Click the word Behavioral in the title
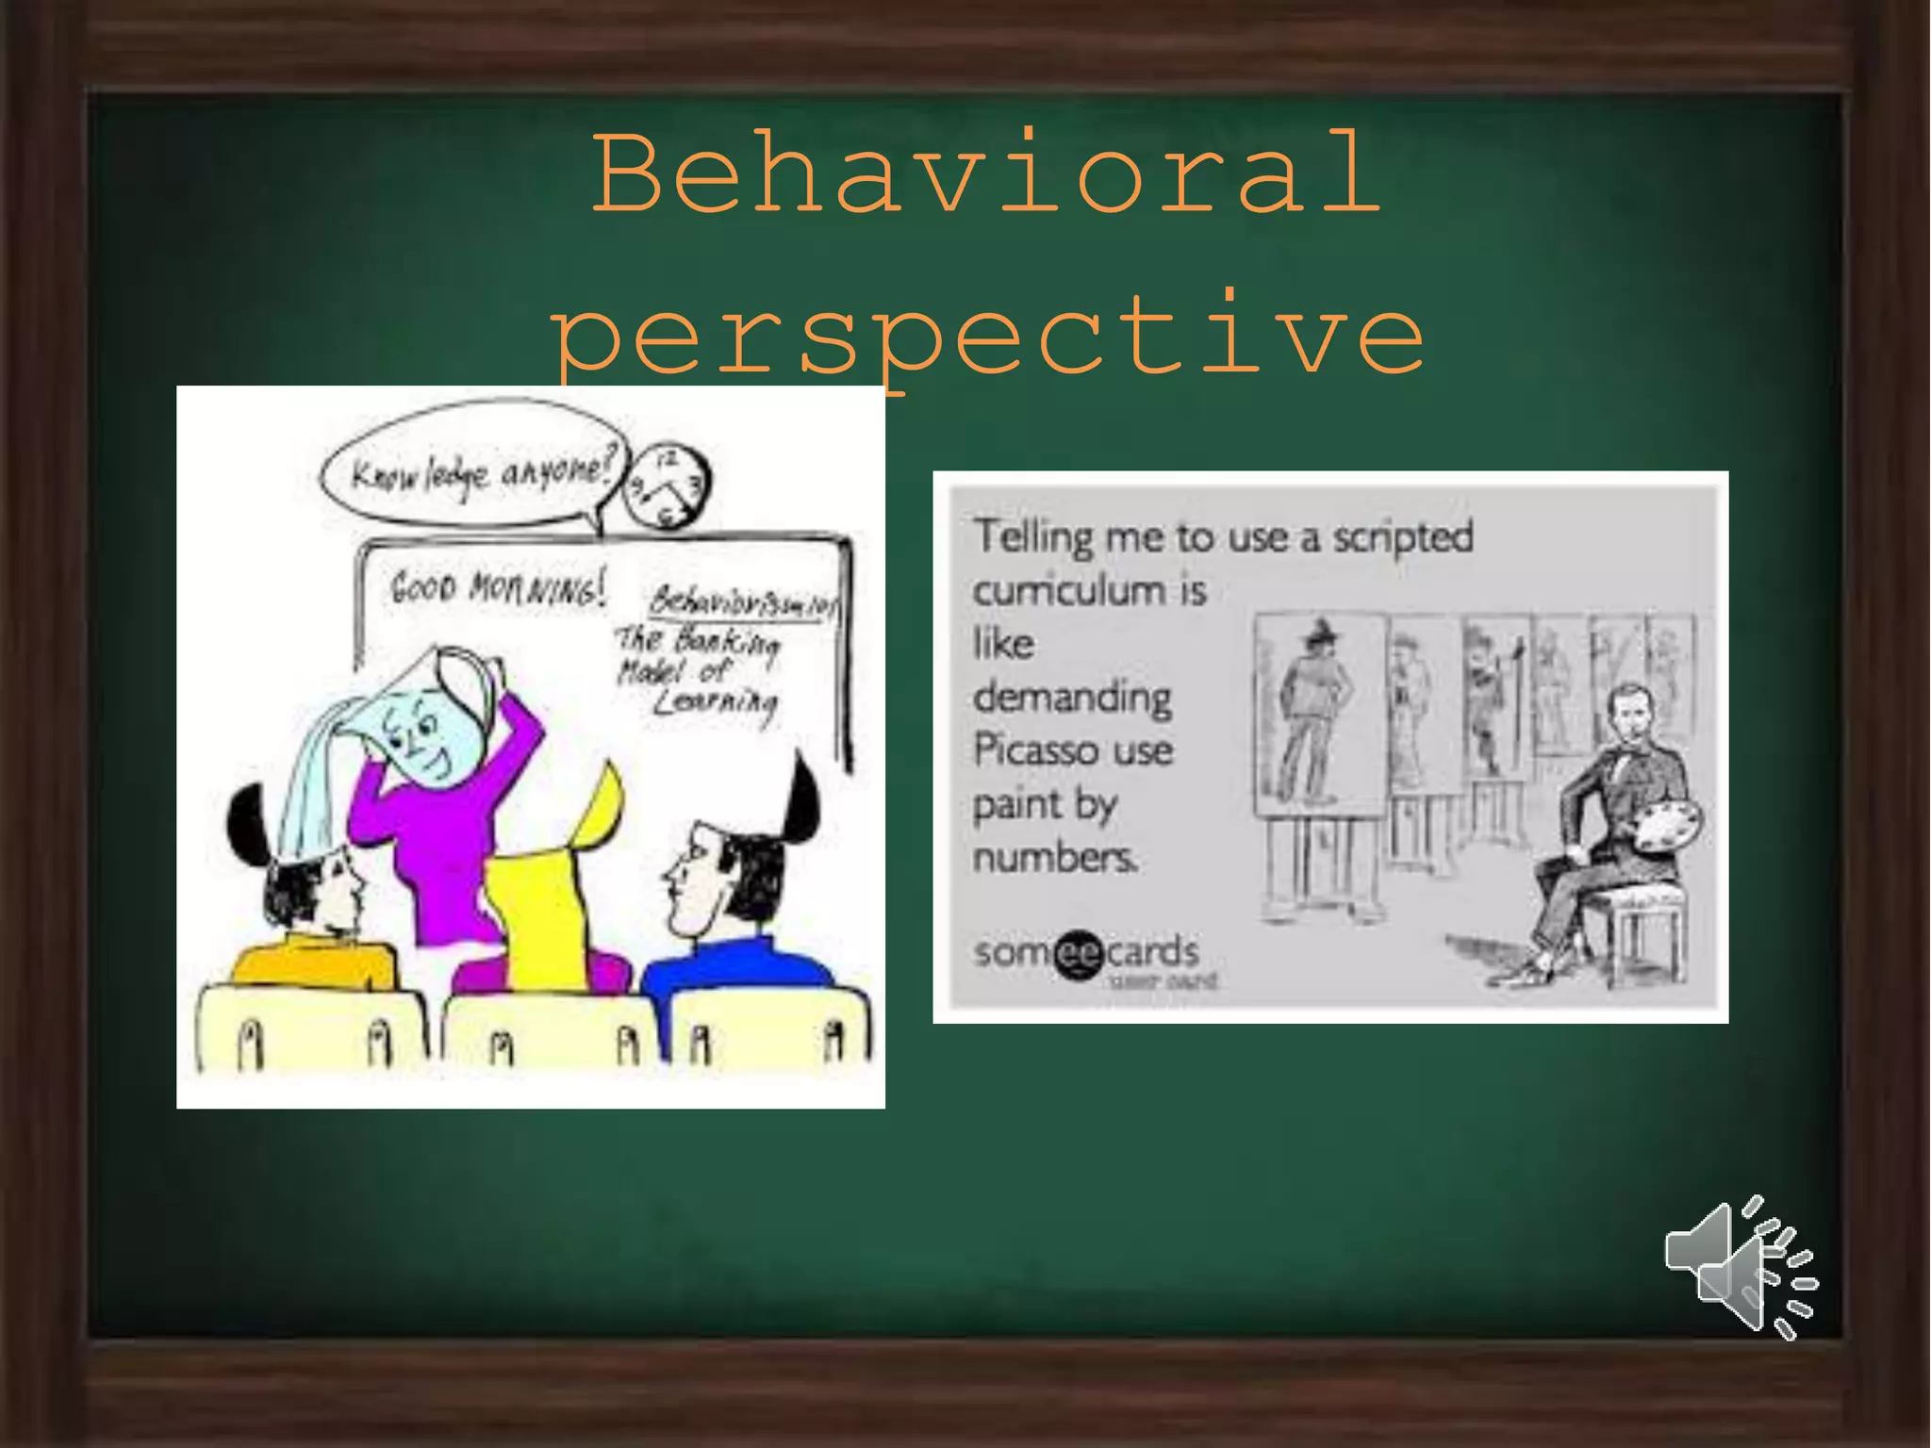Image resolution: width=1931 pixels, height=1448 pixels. pos(986,174)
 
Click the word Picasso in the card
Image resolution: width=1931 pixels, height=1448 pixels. pos(1028,751)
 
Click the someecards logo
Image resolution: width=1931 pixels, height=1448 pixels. pos(1086,953)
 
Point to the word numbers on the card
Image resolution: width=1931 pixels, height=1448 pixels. pos(1055,859)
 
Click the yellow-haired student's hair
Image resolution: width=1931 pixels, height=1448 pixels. pos(547,886)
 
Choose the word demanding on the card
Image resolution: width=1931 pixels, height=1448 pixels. pos(1072,699)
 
